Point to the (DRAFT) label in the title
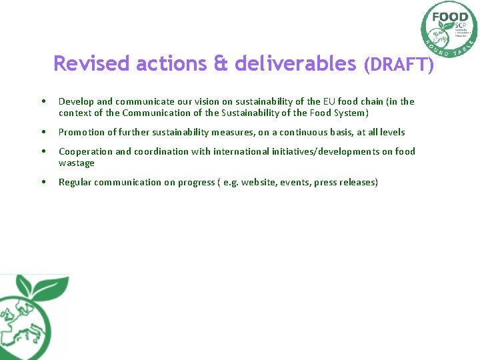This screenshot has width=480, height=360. point(399,64)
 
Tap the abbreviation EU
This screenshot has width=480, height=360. point(329,101)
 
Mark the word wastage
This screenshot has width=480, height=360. point(77,163)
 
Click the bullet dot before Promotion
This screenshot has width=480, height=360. point(43,132)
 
